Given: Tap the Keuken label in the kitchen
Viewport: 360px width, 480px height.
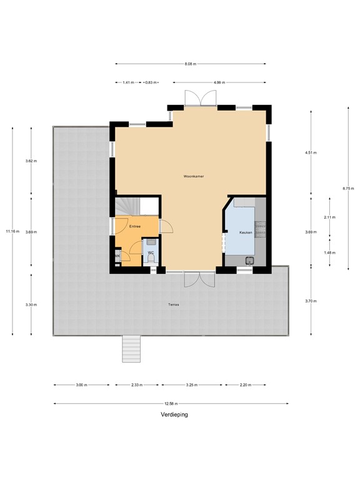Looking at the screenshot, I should coord(246,232).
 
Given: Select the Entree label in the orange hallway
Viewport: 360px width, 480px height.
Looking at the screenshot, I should coord(135,226).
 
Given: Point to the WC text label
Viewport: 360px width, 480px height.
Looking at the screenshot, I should coord(151,252).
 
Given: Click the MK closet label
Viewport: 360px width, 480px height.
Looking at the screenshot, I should coord(117,256).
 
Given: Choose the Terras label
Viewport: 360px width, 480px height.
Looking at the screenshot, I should coord(173,305).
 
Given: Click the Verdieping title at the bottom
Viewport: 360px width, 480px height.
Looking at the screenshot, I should coord(173,414).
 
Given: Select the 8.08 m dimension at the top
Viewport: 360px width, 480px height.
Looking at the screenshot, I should coord(191,64).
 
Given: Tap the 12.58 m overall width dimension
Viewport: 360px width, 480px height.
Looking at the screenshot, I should coord(171,403).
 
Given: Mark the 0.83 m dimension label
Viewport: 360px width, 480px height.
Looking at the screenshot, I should coord(151,82).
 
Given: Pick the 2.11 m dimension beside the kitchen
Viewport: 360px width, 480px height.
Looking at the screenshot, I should coord(330,217).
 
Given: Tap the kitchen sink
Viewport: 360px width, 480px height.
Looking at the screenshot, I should coord(249,260).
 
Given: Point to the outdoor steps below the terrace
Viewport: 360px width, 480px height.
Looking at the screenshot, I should coord(131,348).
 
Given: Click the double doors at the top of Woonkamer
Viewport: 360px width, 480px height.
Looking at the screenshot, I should coord(200,98).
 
